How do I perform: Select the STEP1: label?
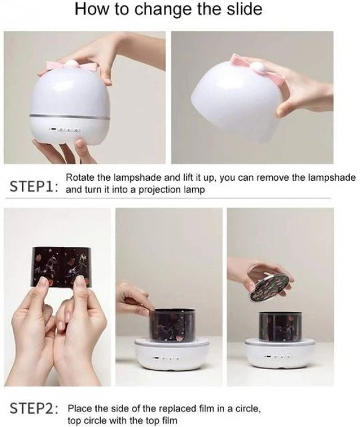[34, 186]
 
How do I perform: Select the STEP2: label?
[34, 408]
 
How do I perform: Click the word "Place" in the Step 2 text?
[78, 408]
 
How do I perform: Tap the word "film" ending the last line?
[170, 419]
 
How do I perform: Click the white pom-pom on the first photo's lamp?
[71, 64]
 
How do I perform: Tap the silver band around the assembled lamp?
[69, 116]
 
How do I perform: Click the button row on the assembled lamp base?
[65, 129]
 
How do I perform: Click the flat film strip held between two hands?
[61, 267]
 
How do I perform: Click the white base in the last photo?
[280, 353]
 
